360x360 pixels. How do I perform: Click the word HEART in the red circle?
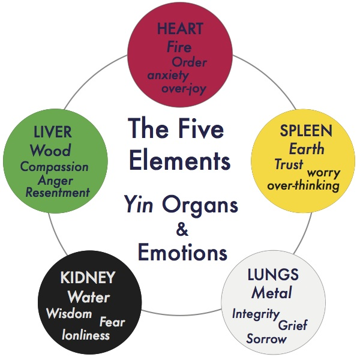(180, 28)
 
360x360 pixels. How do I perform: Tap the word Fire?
(179, 46)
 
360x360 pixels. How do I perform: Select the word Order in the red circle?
(189, 62)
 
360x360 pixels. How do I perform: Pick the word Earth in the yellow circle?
(306, 149)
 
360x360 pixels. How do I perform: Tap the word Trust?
(289, 164)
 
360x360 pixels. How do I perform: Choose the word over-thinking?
(303, 185)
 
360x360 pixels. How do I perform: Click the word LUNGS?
(272, 275)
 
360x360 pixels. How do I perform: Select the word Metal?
(271, 293)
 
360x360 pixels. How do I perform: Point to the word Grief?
(293, 325)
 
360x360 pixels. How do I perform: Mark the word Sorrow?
(266, 339)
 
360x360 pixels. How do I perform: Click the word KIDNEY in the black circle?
(88, 279)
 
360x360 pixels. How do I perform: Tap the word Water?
(89, 297)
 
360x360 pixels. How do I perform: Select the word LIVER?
(53, 132)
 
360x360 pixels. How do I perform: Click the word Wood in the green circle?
(50, 150)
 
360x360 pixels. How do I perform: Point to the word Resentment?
(58, 193)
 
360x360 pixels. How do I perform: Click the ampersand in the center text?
(181, 228)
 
